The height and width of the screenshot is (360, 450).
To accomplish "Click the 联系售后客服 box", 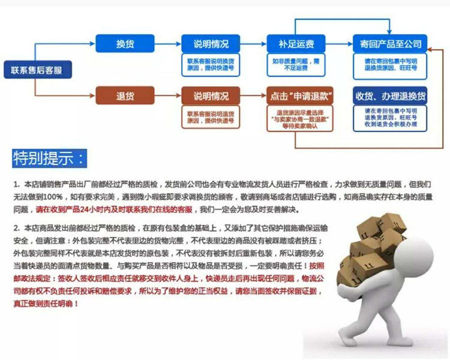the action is click(x=37, y=70).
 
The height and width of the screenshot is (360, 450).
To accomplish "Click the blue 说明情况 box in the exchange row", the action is click(x=211, y=44).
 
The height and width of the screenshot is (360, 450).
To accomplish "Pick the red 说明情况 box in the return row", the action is click(x=211, y=96).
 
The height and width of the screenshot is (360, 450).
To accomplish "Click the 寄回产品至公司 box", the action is click(x=390, y=44).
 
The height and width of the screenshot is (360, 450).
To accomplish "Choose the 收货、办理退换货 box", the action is click(x=390, y=96).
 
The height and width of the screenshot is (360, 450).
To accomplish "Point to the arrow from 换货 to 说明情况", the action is click(x=168, y=44).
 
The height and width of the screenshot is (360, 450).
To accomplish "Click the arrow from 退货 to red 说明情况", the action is click(x=168, y=96).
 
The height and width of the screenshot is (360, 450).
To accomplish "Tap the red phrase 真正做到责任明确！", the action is click(x=45, y=304).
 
